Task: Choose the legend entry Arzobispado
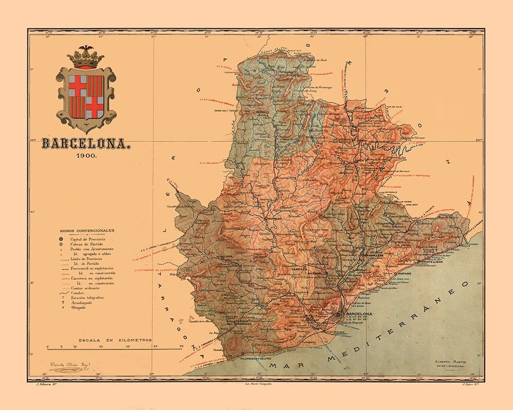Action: (x=83, y=302)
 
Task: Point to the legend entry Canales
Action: (x=80, y=293)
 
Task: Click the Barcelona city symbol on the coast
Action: (x=338, y=314)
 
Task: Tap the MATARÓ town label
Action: (x=405, y=275)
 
